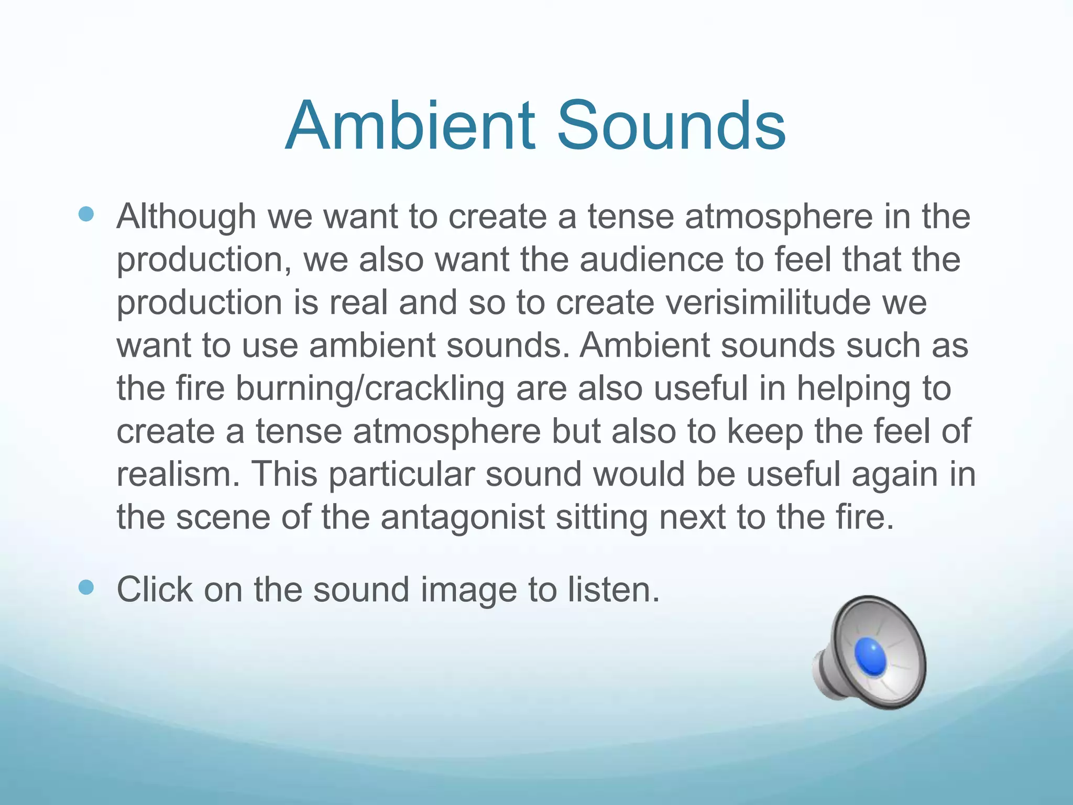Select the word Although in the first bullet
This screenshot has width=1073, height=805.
pyautogui.click(x=186, y=216)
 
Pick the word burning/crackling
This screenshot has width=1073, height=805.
pyautogui.click(x=370, y=389)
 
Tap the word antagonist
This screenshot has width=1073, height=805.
pyautogui.click(x=463, y=517)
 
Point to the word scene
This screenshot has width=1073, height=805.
pyautogui.click(x=223, y=517)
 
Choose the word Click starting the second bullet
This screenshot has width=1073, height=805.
pyautogui.click(x=155, y=590)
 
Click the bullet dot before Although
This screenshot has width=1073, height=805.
pyautogui.click(x=86, y=214)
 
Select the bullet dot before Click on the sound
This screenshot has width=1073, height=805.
pyautogui.click(x=86, y=588)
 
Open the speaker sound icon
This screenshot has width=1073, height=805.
pyautogui.click(x=870, y=652)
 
